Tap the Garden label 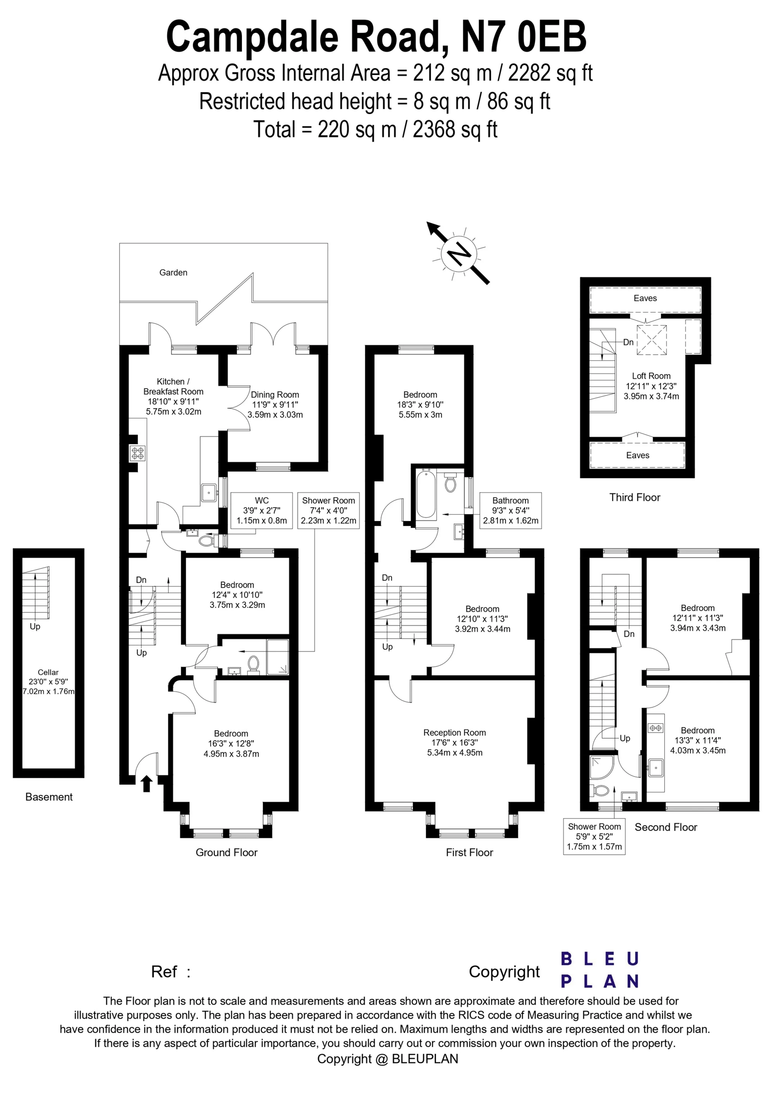pos(173,273)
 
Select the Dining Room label pos(275,395)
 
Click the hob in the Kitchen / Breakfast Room pos(139,453)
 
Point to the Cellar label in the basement pos(48,672)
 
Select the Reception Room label pos(455,733)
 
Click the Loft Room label pos(651,376)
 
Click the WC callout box pos(262,510)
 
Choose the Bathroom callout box pos(511,510)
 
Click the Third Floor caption pos(635,497)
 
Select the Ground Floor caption pos(226,853)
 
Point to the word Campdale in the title pos(254,37)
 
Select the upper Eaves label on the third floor pos(645,298)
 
